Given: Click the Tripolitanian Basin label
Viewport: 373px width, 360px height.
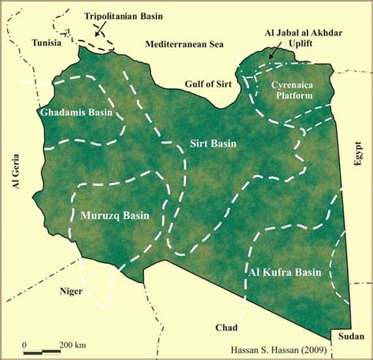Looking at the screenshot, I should click(123, 15).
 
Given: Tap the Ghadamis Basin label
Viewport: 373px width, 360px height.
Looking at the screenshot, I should click(77, 113).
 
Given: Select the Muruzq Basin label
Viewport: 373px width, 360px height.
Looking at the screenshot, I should click(115, 214).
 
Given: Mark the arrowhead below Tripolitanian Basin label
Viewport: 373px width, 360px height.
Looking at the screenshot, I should click(98, 35).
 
